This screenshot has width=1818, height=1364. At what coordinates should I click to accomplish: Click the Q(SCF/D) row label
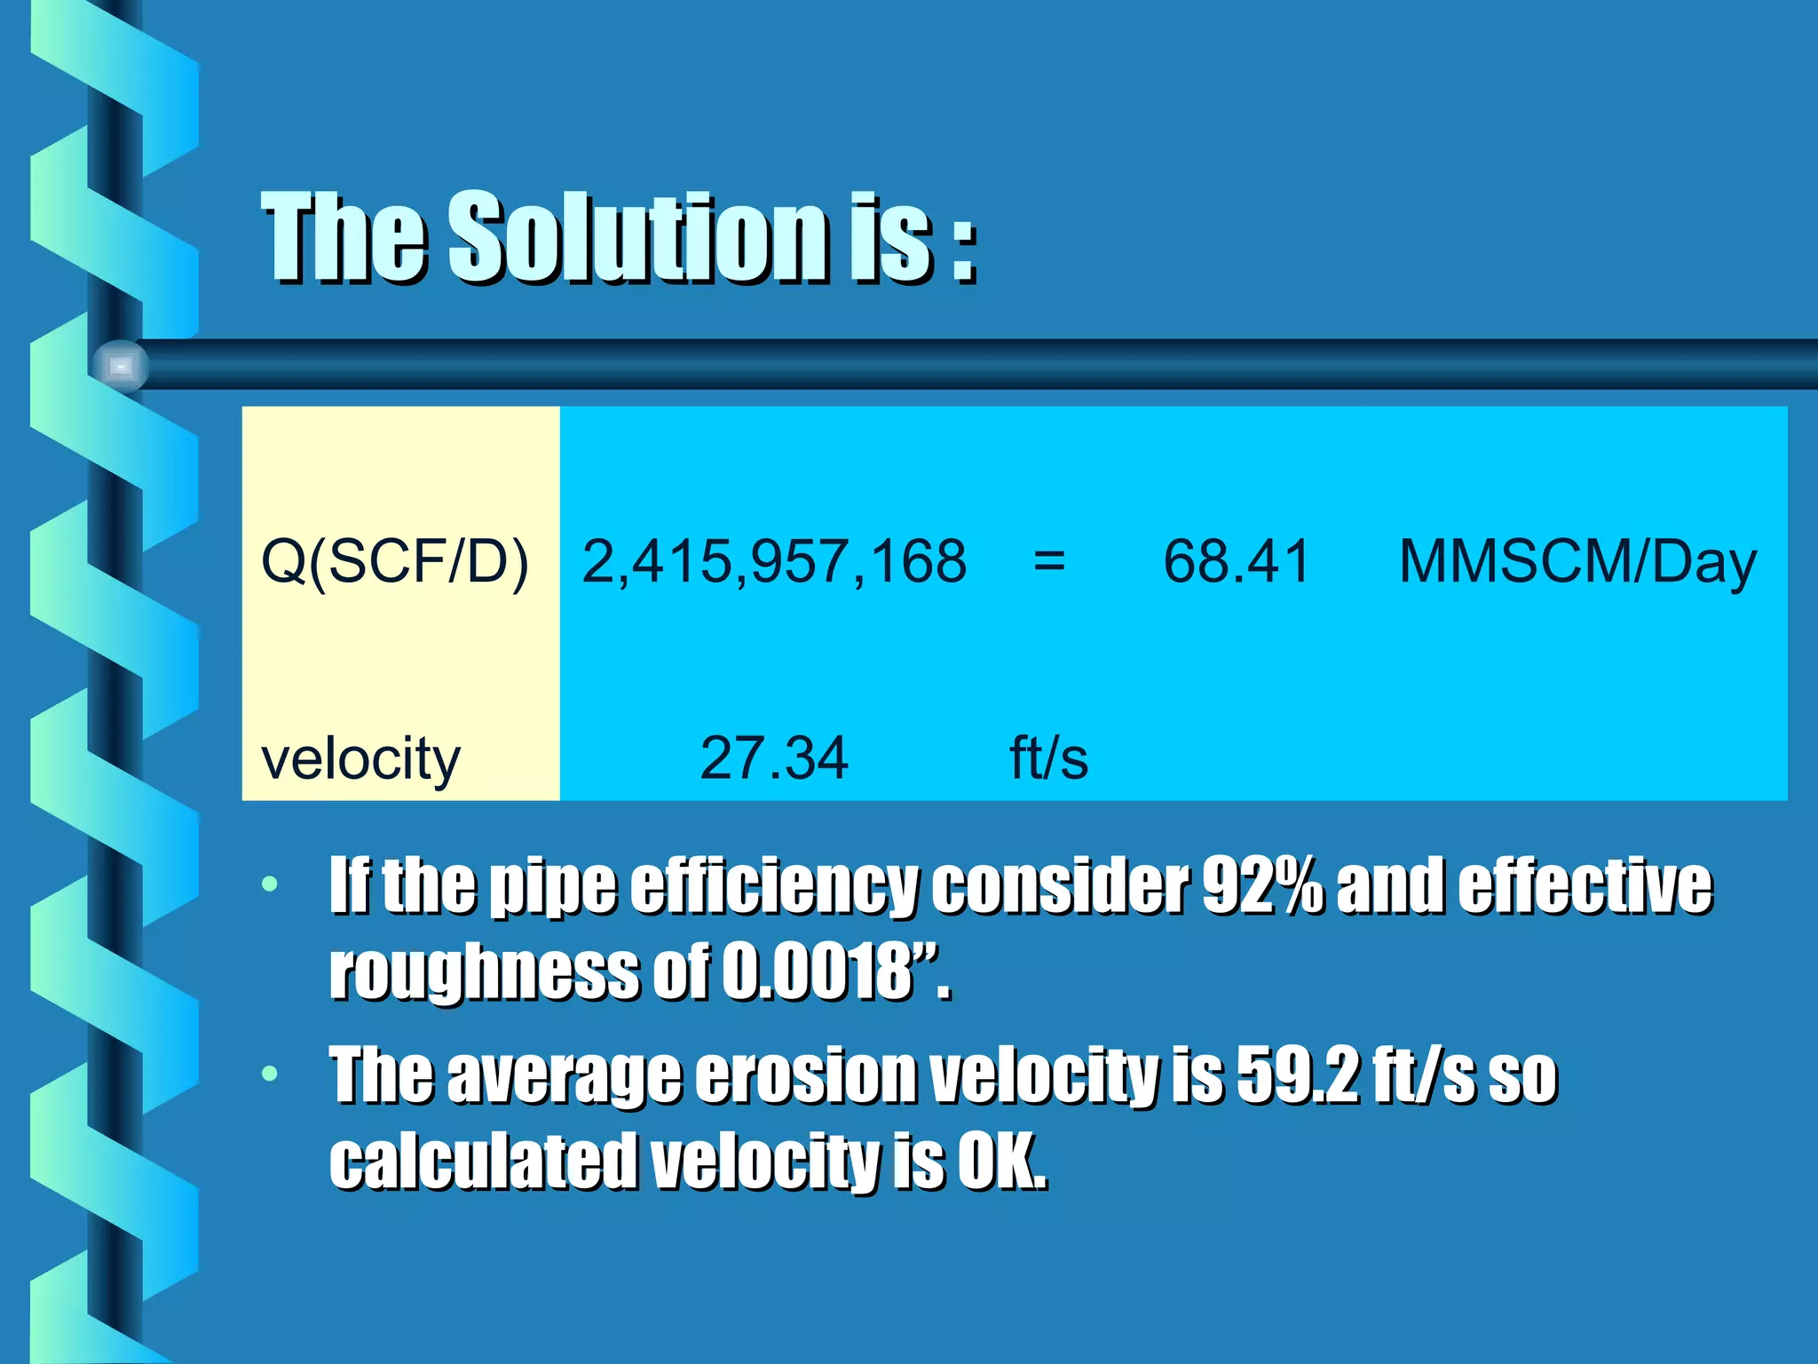coord(395,561)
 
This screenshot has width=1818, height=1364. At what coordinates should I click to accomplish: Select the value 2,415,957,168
coord(774,561)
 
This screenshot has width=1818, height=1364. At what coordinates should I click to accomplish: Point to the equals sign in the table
coord(1049,561)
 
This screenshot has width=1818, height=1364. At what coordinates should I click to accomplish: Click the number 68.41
coord(1237,561)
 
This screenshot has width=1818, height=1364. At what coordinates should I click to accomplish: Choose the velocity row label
coord(361,759)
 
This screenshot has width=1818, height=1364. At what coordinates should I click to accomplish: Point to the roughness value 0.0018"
coord(834,971)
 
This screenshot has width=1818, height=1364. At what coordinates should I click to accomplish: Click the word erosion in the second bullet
coord(805,1075)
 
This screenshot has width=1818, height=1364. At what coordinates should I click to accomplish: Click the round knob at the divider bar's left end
coord(121,366)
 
